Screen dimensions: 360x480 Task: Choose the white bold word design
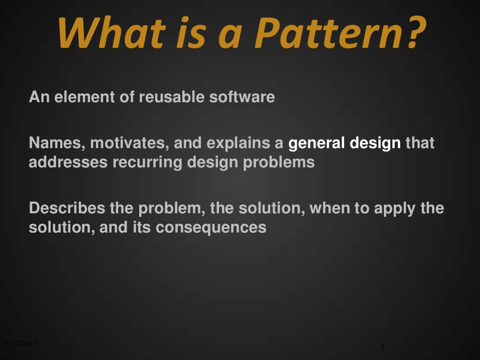pos(375,143)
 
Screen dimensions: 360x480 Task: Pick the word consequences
pos(211,228)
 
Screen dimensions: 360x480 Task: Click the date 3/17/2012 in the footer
pos(20,344)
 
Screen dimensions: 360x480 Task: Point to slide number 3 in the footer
pos(383,347)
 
